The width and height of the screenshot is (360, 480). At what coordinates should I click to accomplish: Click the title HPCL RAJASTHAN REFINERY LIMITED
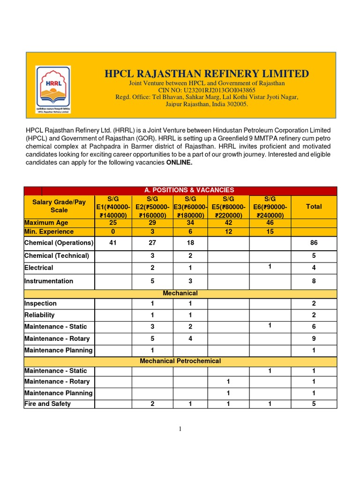click(207, 74)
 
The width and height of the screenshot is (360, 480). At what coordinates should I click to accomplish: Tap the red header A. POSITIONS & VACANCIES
click(189, 190)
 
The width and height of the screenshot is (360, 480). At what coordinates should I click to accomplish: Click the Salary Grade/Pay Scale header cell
click(59, 206)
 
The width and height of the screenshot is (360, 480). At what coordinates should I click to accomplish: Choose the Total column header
click(314, 206)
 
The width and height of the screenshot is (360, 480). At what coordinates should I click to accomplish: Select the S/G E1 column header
click(113, 207)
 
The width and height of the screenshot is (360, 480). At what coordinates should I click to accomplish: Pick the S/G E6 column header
click(270, 207)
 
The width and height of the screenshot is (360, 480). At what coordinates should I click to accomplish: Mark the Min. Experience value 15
click(270, 232)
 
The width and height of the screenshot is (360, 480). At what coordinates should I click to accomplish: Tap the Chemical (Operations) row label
click(59, 243)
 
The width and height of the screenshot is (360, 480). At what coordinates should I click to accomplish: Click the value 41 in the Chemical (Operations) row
click(112, 243)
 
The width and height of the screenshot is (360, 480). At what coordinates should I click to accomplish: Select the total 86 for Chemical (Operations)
click(314, 243)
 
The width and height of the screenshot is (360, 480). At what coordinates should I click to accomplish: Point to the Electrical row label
click(39, 268)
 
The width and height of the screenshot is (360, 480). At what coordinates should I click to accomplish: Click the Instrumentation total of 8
click(314, 281)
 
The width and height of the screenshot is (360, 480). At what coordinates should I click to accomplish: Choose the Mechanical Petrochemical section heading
click(180, 361)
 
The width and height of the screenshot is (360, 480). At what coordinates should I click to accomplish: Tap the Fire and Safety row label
click(47, 404)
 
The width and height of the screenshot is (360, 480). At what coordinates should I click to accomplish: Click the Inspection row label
click(40, 303)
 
